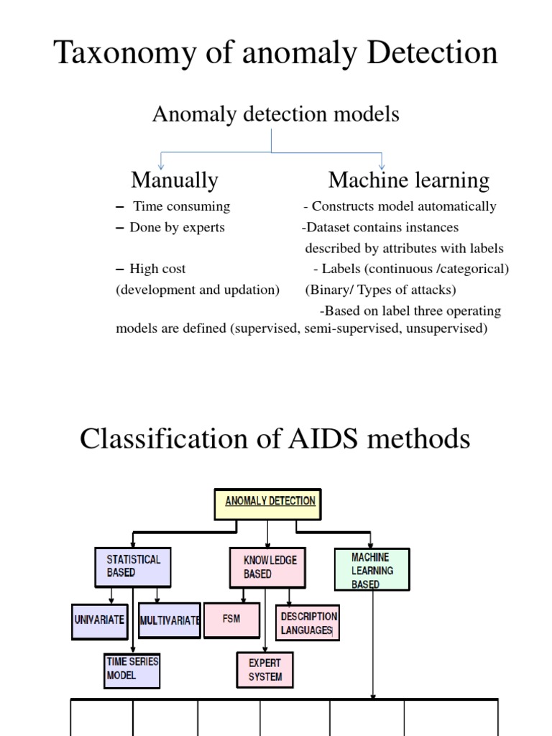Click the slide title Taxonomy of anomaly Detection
276,53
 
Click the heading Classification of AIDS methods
275,438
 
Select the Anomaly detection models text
275,114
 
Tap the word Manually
174,180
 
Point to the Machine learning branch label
409,180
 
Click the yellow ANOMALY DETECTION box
268,504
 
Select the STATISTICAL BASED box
133,566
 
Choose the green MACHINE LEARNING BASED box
372,570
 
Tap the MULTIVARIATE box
169,620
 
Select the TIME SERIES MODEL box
132,669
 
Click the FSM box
231,620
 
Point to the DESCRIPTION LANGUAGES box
308,622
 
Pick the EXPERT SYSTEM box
265,669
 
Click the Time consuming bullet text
181,206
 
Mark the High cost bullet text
157,269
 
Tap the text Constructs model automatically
403,206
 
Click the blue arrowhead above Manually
160,165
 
